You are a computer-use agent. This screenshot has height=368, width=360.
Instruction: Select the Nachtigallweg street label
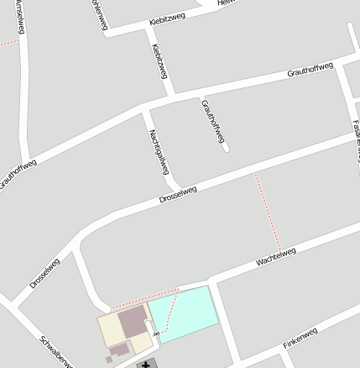tap(159, 151)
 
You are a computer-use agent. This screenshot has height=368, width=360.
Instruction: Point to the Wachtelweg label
tap(276, 257)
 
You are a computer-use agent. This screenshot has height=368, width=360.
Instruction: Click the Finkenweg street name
tap(300, 338)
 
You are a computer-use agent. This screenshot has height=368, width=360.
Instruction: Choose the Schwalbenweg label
tap(55, 352)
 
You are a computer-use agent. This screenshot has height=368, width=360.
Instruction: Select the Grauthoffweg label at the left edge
tap(17, 173)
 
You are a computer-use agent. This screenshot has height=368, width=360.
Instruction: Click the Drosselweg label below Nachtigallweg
tap(178, 195)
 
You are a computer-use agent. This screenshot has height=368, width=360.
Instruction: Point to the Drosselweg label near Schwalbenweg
tap(44, 273)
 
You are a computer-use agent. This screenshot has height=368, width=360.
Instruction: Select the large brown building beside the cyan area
tap(132, 321)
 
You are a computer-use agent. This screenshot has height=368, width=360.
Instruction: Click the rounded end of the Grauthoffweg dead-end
tap(225, 149)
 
